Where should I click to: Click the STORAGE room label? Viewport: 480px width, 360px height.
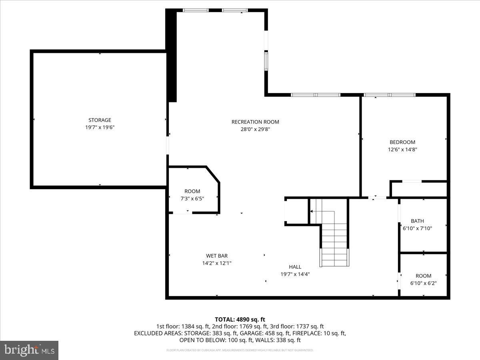tap(100, 120)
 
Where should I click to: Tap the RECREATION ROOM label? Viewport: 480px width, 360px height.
tap(255, 122)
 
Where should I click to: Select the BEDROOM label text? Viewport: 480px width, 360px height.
tap(402, 142)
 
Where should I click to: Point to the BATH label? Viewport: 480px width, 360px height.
tap(417, 221)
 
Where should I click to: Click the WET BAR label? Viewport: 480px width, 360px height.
tap(217, 256)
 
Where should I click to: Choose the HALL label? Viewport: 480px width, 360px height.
tap(295, 267)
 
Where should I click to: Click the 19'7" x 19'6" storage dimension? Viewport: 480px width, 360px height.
tap(100, 127)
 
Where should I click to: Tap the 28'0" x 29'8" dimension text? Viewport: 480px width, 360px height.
tap(255, 129)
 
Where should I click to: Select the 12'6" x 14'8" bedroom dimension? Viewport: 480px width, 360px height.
tap(402, 149)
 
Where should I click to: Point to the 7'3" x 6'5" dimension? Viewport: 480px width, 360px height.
tap(192, 198)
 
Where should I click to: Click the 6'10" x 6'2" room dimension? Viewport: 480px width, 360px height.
tap(423, 283)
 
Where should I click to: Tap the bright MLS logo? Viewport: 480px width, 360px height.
tap(29, 350)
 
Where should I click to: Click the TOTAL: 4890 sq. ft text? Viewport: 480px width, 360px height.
tap(240, 319)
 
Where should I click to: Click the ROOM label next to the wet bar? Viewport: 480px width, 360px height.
tap(192, 191)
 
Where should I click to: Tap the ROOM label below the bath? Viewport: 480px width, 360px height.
tap(423, 276)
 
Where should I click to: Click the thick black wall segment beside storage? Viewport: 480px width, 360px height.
tap(171, 56)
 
